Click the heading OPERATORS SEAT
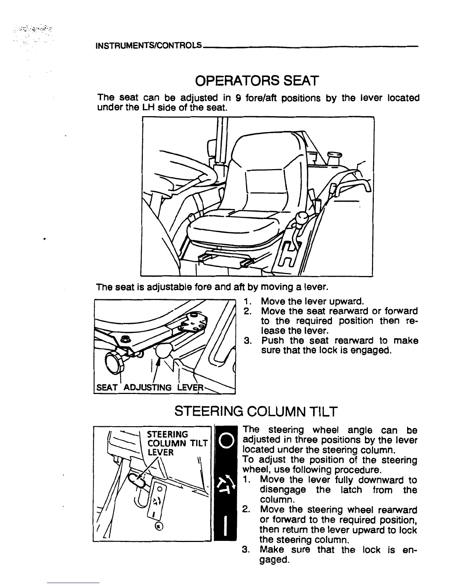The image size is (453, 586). [257, 81]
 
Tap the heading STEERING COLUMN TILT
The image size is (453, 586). [256, 411]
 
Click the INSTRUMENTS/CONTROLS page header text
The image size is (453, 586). [148, 46]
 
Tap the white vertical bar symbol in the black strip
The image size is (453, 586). [226, 525]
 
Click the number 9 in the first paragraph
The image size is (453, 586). [239, 98]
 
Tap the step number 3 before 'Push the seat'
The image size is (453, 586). [248, 340]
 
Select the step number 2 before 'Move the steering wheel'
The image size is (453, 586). [246, 510]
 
